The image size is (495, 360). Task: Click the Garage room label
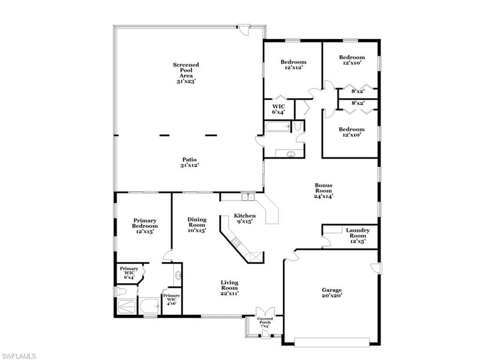[332, 293]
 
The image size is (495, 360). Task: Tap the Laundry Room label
[358, 236]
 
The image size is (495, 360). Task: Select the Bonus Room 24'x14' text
[323, 191]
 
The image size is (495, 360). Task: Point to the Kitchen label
[245, 218]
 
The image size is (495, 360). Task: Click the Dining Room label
[197, 225]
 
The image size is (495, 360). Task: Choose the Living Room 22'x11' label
[230, 288]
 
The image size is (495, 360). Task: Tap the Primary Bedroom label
[145, 226]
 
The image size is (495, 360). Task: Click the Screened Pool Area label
[186, 73]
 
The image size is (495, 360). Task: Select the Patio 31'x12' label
[189, 163]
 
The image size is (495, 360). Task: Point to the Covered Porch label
[265, 322]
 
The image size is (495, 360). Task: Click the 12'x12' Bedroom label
[293, 64]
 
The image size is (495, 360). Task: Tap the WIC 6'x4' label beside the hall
[279, 109]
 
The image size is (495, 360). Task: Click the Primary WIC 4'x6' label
[172, 300]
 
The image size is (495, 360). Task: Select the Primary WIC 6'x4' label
[129, 273]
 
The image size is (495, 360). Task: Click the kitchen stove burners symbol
[236, 242]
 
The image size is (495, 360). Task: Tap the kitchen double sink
[248, 196]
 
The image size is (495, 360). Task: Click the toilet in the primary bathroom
[121, 291]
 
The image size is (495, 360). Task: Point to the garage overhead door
[332, 342]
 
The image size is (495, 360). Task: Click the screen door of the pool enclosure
[244, 30]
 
